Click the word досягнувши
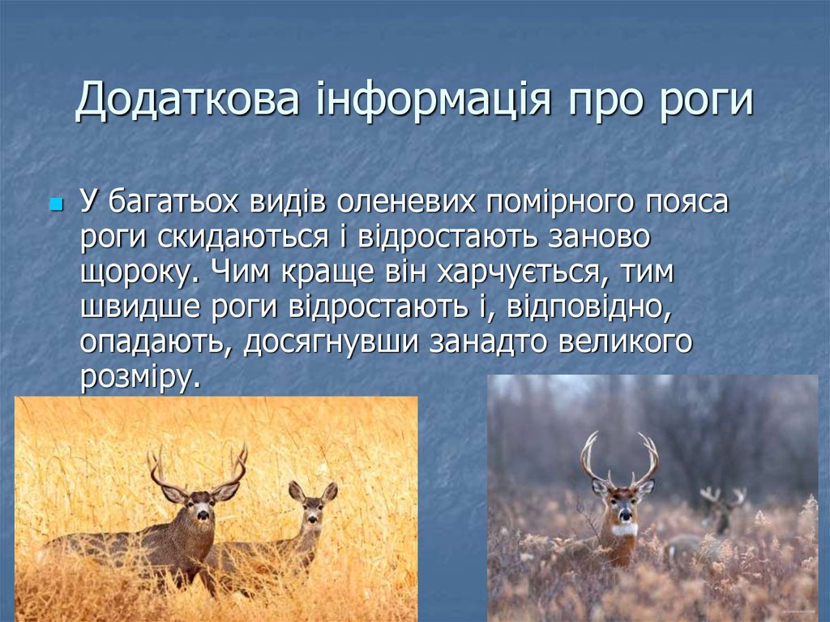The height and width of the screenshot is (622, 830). point(329,342)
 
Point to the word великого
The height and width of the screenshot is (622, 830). point(625,342)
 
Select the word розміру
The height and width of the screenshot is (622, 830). point(139,377)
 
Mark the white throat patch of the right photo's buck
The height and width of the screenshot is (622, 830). point(622,530)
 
